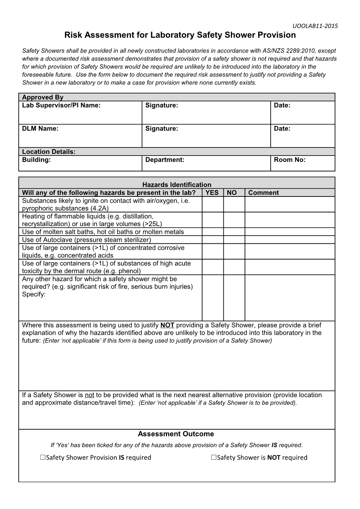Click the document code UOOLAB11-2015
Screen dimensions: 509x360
tap(315, 26)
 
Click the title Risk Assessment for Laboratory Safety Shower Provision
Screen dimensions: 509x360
tap(180, 35)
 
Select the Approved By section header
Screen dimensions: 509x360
tap(43, 97)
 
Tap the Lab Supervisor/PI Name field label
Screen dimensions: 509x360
tap(61, 105)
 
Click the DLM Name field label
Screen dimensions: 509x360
tap(40, 128)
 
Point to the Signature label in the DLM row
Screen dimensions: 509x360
tap(162, 128)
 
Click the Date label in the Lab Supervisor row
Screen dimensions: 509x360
tap(282, 105)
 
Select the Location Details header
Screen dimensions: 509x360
tap(49, 152)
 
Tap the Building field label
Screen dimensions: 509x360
tap(36, 159)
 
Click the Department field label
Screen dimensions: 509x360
tap(165, 159)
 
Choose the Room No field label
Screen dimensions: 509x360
tap(289, 159)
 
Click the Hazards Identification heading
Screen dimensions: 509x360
tap(177, 184)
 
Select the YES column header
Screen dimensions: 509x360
tap(212, 193)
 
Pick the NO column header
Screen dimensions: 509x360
tap(232, 193)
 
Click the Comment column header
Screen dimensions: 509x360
tap(263, 193)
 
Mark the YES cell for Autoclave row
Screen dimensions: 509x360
tap(212, 240)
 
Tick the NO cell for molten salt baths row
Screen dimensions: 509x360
tap(234, 232)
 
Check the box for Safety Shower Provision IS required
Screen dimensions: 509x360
tap(43, 458)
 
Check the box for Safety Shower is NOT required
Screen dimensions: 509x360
tap(214, 458)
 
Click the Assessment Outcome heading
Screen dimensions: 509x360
tap(176, 434)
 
